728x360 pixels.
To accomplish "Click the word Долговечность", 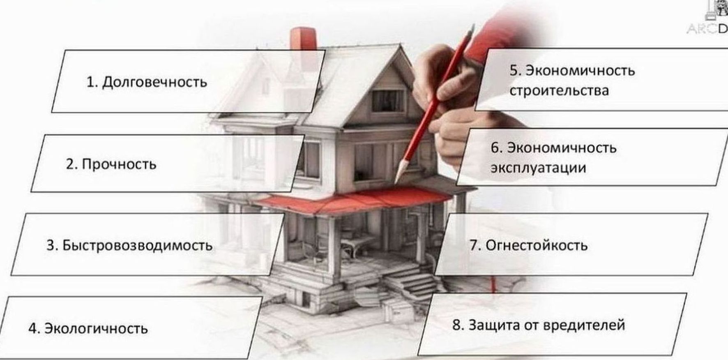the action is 154,82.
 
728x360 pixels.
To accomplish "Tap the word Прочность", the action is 119,164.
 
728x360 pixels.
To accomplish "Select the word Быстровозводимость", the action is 137,245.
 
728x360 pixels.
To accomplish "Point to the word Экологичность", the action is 96,328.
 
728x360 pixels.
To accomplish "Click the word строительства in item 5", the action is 559,90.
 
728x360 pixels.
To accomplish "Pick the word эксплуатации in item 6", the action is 538,168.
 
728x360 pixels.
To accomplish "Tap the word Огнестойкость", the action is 537,245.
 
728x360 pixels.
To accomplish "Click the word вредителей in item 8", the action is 584,325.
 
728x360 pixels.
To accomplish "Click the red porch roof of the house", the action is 353,199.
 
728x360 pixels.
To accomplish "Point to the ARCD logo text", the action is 707,29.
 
